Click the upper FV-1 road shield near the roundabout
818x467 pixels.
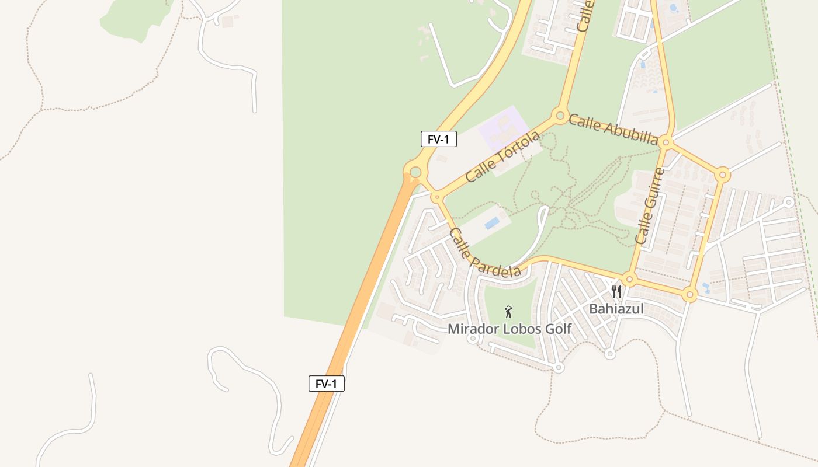click(438, 139)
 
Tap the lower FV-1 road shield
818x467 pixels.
click(326, 384)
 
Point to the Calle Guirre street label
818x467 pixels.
click(650, 205)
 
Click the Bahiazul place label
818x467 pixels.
click(616, 309)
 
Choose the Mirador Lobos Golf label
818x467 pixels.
click(509, 329)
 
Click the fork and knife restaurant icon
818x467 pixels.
click(616, 291)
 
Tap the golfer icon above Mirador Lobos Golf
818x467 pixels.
click(508, 312)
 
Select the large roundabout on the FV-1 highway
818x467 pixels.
click(415, 172)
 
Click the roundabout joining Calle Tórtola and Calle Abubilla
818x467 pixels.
click(560, 115)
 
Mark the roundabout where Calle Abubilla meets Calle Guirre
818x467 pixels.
click(666, 142)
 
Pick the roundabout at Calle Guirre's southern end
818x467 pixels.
click(629, 279)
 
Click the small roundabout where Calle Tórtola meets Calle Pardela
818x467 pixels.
click(436, 197)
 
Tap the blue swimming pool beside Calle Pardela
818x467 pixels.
click(492, 223)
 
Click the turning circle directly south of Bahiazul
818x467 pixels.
click(610, 353)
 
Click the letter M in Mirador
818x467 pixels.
click(453, 329)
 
